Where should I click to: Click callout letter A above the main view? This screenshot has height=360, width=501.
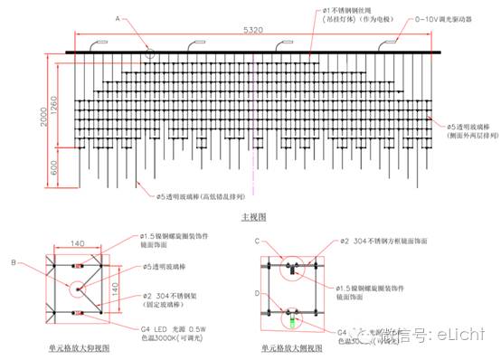click(117, 18)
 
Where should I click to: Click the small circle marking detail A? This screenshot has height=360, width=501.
click(150, 50)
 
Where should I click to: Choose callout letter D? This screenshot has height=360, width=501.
click(256, 293)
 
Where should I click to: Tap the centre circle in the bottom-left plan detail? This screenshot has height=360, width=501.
click(80, 289)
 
